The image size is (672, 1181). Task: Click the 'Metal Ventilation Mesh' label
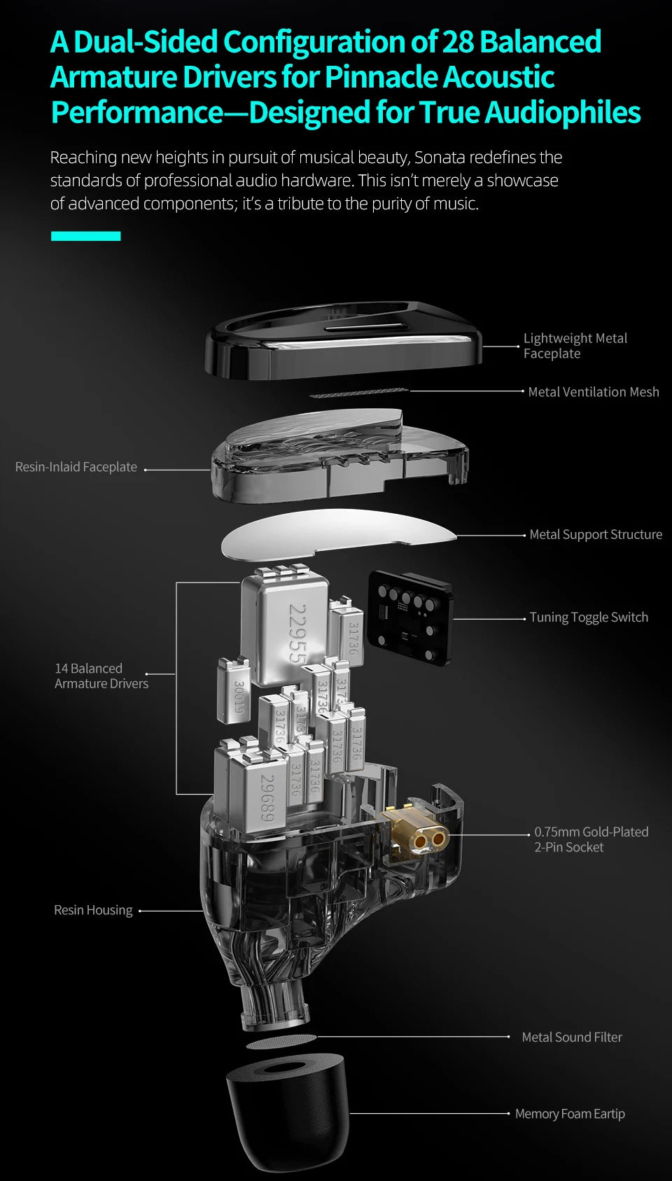pyautogui.click(x=593, y=392)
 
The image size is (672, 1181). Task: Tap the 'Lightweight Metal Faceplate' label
pyautogui.click(x=575, y=346)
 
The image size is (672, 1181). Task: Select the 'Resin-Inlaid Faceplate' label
pyautogui.click(x=76, y=467)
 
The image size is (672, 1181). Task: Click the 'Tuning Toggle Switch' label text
pyautogui.click(x=588, y=617)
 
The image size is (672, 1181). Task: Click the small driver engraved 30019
pyautogui.click(x=233, y=692)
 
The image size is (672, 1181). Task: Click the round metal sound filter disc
pyautogui.click(x=281, y=1042)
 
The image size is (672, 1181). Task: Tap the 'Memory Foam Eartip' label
pyautogui.click(x=570, y=1114)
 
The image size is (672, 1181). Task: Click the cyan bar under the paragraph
pyautogui.click(x=85, y=236)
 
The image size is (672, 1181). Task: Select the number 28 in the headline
pyautogui.click(x=458, y=42)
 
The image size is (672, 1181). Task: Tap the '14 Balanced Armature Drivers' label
pyautogui.click(x=101, y=676)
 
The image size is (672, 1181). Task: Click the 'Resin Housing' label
pyautogui.click(x=93, y=910)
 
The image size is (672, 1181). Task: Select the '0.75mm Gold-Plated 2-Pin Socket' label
pyautogui.click(x=591, y=839)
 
